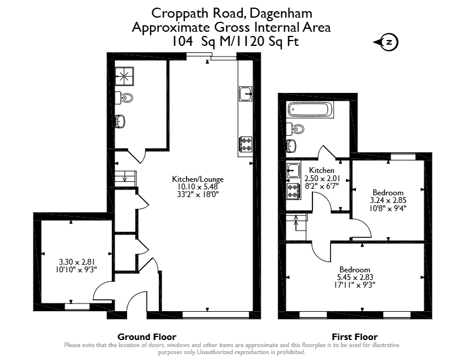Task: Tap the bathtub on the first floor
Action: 311,109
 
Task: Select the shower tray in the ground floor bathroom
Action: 125,76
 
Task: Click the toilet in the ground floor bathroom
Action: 124,98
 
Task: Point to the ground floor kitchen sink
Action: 245,94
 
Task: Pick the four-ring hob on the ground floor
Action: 246,144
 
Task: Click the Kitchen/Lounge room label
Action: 198,179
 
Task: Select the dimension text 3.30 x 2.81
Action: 76,262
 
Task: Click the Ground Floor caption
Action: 147,337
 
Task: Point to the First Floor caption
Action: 355,337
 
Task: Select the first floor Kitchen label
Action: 322,170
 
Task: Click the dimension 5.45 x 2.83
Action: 355,277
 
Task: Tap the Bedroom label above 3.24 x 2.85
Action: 388,192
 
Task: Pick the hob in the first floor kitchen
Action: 294,191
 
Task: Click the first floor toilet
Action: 295,129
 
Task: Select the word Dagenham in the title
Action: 281,14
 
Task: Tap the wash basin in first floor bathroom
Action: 291,146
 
